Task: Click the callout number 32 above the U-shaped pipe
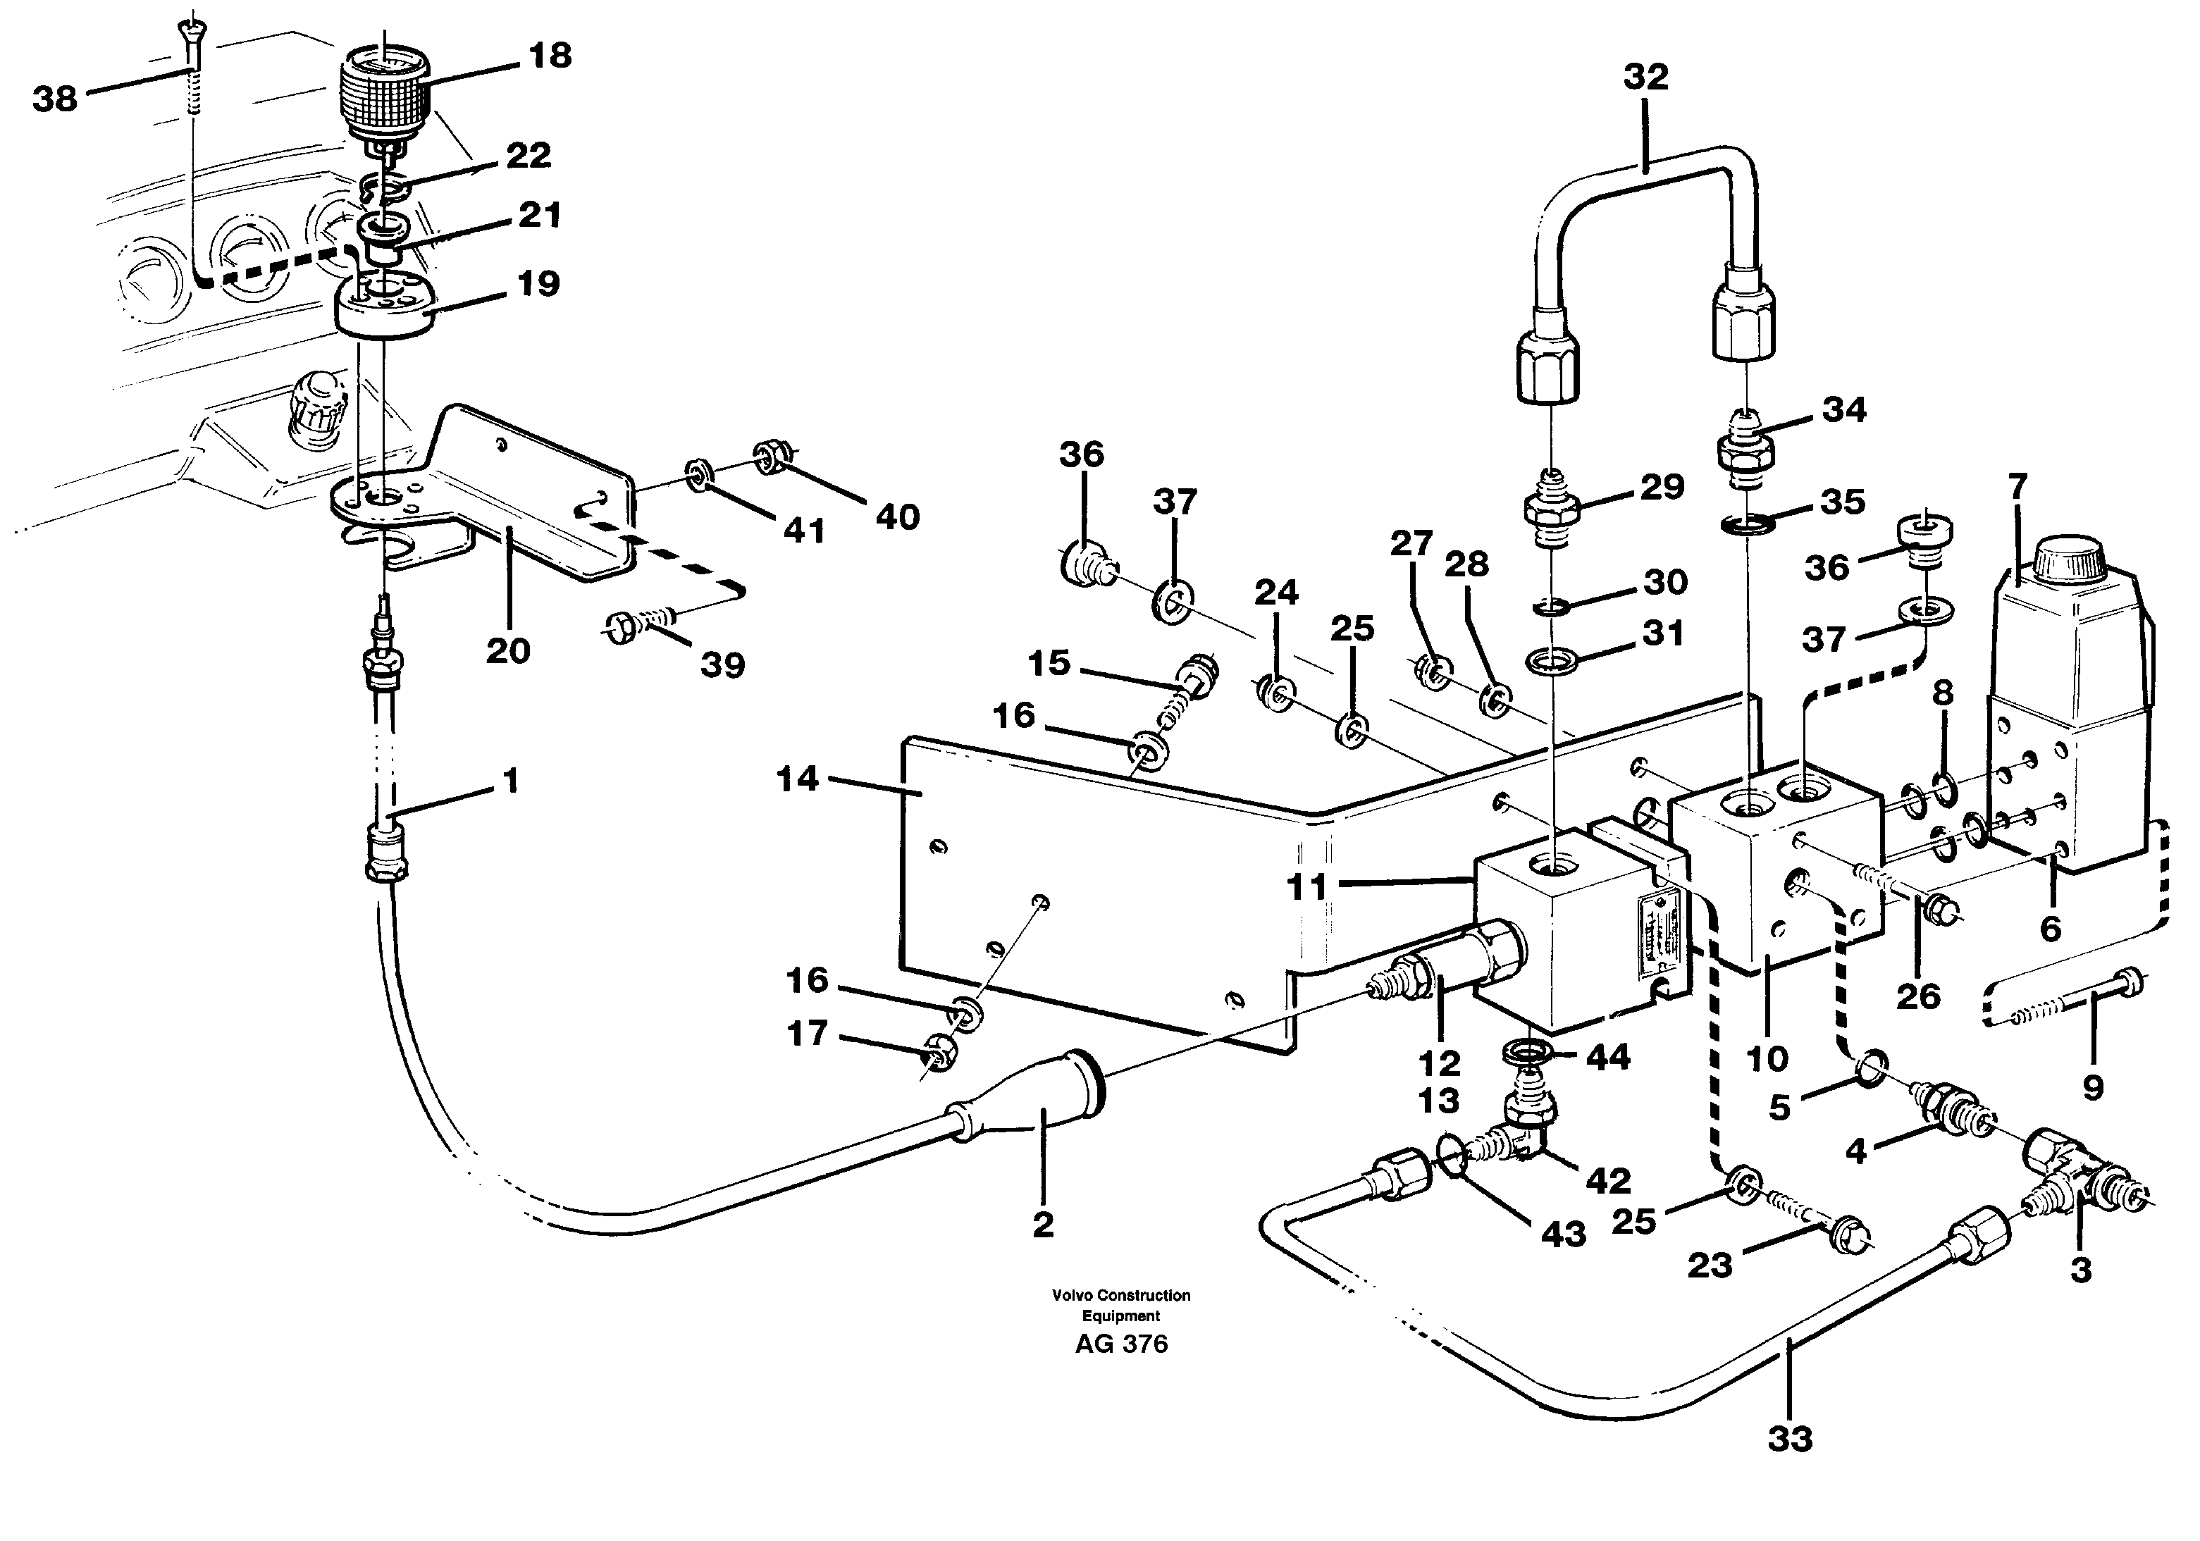pos(1645,77)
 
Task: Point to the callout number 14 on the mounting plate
pos(797,779)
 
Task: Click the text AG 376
pos(1121,1344)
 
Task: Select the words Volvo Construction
pos(1121,1294)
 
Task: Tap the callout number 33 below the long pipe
pos(1790,1466)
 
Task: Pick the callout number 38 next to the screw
pos(55,98)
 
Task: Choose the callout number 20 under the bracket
pos(508,650)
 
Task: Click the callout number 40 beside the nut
pos(898,517)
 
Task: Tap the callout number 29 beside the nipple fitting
pos(1662,487)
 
